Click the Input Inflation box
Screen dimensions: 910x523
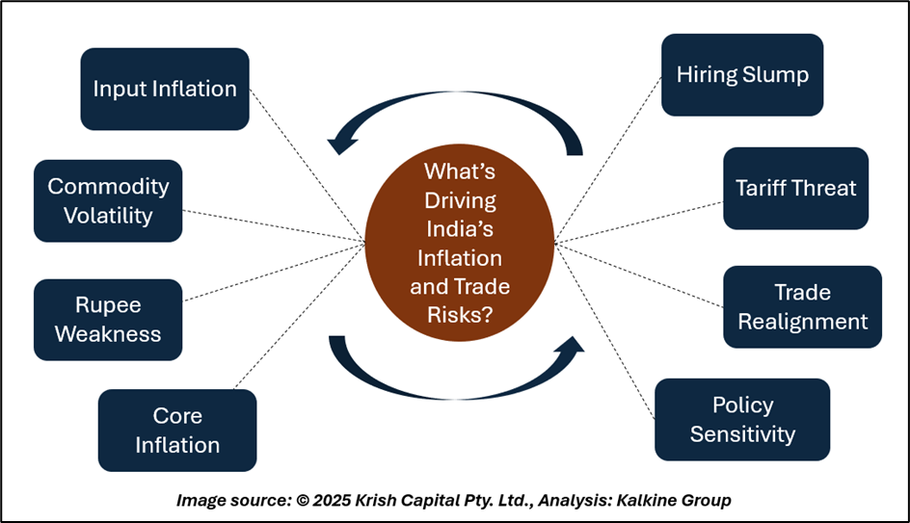tap(165, 89)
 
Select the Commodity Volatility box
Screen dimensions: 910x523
tap(108, 200)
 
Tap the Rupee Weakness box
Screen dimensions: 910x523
tap(108, 320)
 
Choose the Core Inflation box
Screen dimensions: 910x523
tap(177, 431)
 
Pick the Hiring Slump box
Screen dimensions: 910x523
tap(742, 75)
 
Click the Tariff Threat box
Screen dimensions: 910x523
tap(795, 188)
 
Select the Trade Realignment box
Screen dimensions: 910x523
tap(803, 306)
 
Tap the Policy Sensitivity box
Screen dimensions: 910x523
tap(742, 419)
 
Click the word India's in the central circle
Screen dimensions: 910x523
tap(460, 229)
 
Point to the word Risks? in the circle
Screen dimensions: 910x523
tap(460, 315)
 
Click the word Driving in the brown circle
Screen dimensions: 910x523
tap(460, 200)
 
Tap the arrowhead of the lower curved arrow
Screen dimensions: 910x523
tap(571, 345)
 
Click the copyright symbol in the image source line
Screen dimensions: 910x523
tap(303, 501)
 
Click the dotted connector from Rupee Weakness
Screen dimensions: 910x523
tap(275, 272)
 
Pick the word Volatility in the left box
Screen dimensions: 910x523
tap(108, 216)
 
